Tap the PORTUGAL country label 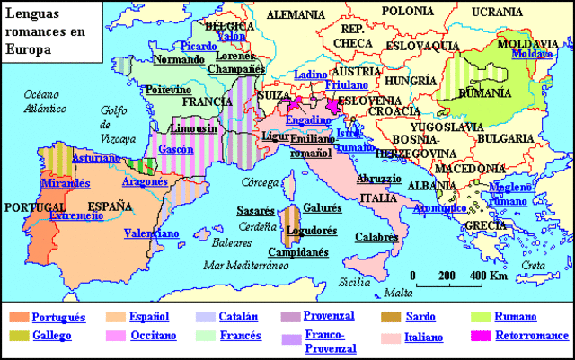coord(31,206)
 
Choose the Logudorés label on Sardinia coord(311,230)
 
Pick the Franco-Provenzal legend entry coord(330,342)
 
